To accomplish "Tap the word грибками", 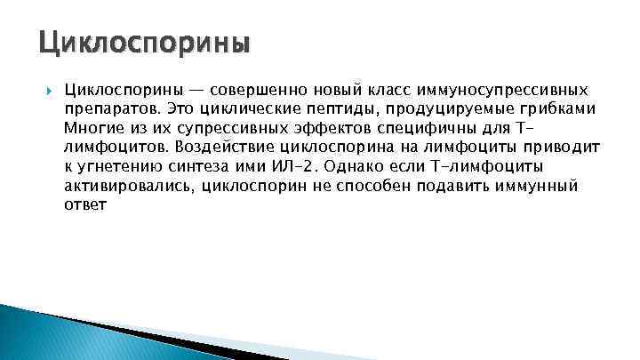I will coord(557,109).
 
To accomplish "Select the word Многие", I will coord(91,128).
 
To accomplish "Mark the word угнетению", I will coord(122,166).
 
